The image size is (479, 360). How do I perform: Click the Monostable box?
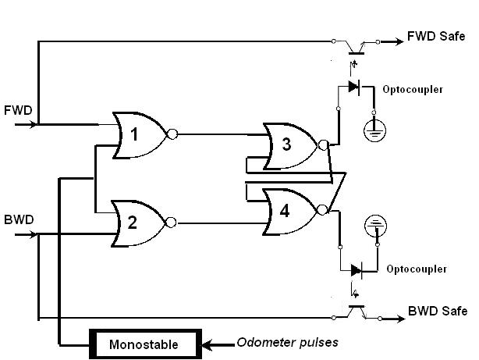coord(144,344)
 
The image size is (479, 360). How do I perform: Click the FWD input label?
coord(18,109)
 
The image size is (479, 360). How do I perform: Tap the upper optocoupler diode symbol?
coord(356,87)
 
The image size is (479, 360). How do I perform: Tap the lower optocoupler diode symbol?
coord(357,269)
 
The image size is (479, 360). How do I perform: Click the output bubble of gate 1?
coord(172,134)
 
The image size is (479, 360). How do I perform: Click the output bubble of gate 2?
coord(172,223)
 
